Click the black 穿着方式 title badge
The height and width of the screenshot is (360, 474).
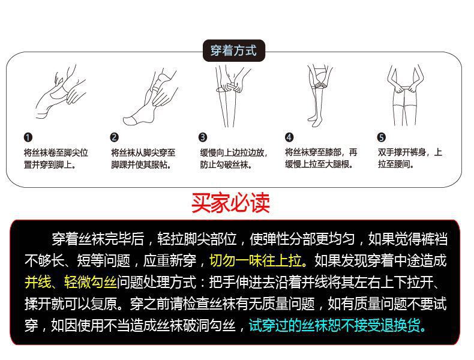(233, 50)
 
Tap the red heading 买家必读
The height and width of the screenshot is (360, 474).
(230, 203)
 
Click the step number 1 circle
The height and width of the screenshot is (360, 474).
(28, 137)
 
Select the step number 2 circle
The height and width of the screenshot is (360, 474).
(114, 137)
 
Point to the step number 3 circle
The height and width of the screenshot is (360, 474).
(203, 137)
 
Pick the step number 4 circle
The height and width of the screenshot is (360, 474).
(289, 137)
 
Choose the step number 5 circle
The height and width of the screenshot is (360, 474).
(381, 137)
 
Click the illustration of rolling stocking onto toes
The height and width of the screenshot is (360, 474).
(60, 92)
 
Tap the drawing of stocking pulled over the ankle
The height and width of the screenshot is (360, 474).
(150, 97)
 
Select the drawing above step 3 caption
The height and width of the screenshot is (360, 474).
(232, 96)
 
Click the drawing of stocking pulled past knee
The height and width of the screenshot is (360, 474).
(319, 95)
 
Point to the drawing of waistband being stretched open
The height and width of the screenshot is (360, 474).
(406, 95)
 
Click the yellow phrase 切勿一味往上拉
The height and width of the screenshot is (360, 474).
(256, 260)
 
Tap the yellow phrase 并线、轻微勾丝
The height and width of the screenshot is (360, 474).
(71, 283)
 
